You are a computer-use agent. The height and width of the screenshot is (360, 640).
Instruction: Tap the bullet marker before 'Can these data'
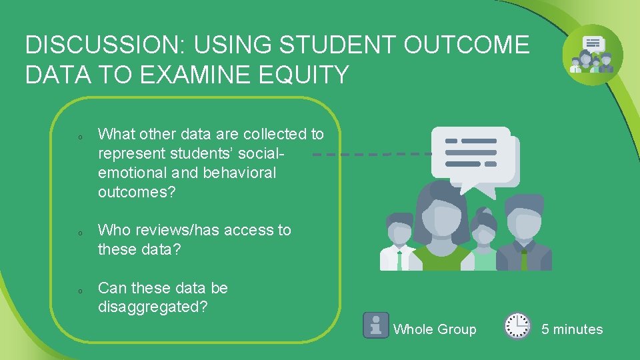(79, 291)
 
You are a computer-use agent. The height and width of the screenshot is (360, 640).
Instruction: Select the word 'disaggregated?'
(153, 307)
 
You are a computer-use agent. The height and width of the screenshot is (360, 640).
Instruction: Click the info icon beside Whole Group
(376, 325)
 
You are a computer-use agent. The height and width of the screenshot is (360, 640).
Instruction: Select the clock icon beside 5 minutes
(517, 326)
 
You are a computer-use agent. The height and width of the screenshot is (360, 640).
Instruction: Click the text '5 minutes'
(571, 329)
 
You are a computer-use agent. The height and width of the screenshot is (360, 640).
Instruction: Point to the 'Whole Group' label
(435, 329)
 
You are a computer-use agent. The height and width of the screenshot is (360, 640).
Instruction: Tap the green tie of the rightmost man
(523, 259)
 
